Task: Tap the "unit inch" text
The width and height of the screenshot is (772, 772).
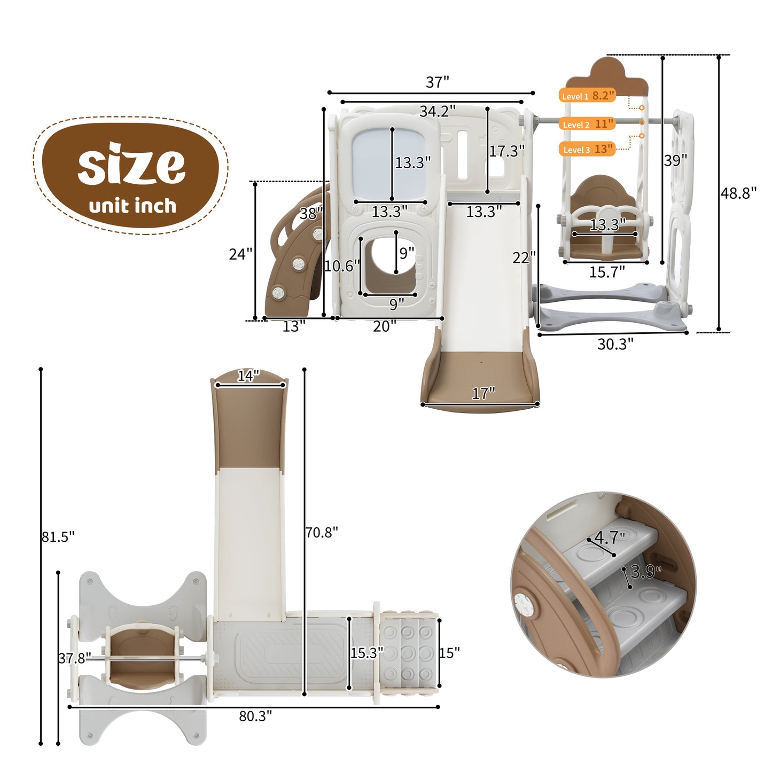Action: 132,206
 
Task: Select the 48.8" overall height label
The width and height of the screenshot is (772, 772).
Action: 738,193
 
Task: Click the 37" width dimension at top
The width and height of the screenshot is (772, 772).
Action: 438,82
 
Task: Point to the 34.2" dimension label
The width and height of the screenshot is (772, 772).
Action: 438,111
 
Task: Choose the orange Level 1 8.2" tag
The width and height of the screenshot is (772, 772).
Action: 587,95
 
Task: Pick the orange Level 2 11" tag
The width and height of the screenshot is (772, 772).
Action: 587,124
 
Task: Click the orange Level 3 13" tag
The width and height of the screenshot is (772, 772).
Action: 587,149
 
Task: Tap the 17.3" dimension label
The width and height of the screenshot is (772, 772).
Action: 507,151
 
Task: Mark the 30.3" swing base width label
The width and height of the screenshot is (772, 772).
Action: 615,344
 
